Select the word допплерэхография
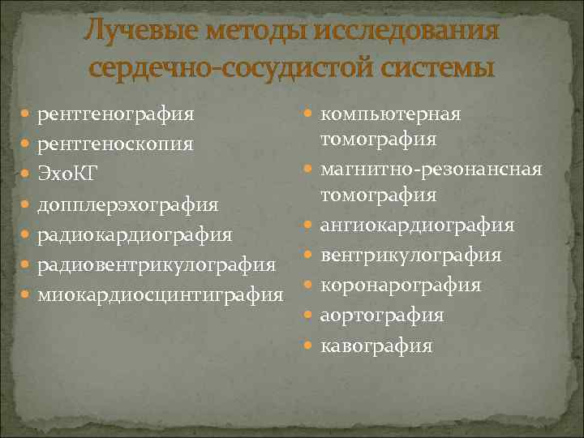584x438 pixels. coord(128,204)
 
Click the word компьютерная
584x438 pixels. coord(391,114)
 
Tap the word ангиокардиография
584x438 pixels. coord(417,225)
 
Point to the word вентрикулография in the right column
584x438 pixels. coord(410,255)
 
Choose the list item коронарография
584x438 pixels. coord(401,286)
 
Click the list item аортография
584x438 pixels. coord(382,316)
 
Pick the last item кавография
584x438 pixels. coord(376,346)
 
